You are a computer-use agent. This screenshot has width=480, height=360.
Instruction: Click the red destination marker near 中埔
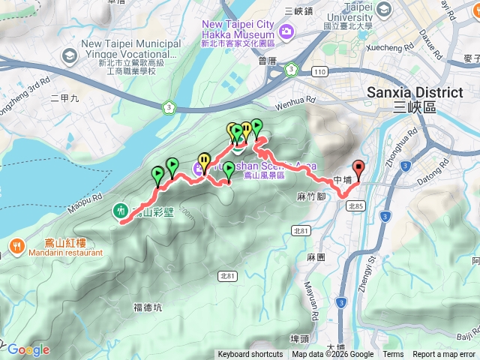point(358,170)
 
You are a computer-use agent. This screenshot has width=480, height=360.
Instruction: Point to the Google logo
point(28,349)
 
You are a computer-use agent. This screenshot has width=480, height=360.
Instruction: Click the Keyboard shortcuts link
point(250,355)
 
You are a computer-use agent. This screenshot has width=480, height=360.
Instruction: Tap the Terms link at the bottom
point(393,355)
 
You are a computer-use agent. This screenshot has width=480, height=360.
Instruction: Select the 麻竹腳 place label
point(310,196)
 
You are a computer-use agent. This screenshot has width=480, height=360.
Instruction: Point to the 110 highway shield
point(320,70)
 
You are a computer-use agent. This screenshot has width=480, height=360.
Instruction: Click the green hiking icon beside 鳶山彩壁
point(121,211)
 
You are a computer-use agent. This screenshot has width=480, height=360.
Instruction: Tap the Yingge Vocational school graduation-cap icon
point(69,55)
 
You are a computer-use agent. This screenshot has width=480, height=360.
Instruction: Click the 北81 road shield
point(227,277)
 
